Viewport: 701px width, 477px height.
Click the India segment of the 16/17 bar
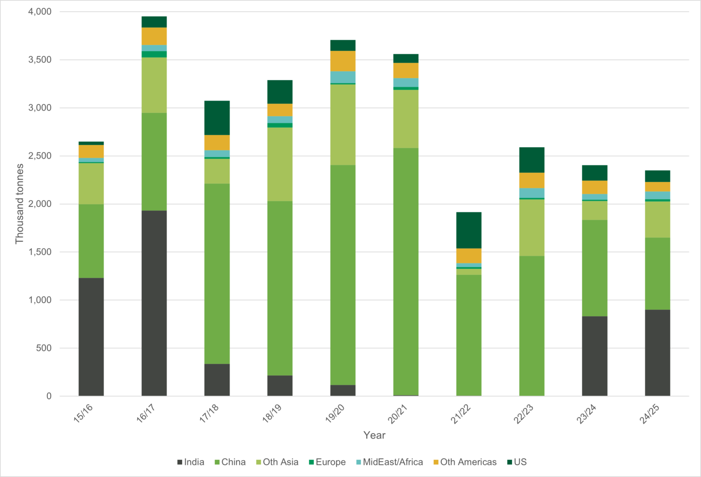point(154,303)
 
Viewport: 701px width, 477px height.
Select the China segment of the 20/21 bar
point(406,271)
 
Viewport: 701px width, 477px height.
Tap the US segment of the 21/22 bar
point(469,230)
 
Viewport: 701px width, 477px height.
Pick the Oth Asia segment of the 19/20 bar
point(343,125)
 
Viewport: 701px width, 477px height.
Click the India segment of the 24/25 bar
point(657,353)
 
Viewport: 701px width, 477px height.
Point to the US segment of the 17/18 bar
point(217,118)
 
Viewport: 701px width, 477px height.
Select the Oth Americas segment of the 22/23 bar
point(532,180)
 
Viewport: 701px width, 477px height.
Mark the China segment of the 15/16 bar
point(91,241)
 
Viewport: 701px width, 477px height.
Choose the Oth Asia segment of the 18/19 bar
point(280,164)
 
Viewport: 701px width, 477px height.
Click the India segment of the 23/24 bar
point(594,356)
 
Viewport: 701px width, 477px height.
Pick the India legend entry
point(190,462)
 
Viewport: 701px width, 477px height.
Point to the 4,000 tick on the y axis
point(40,12)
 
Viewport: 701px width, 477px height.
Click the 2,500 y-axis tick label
point(40,156)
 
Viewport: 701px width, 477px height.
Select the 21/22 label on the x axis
point(461,414)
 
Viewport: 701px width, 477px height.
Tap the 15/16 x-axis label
point(84,414)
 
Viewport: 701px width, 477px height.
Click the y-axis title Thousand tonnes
point(19,204)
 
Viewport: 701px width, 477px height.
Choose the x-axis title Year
point(374,435)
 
